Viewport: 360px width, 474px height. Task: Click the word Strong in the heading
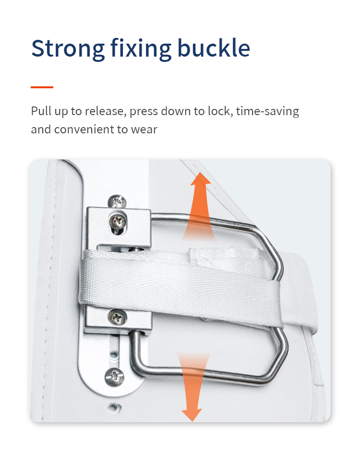coord(68,48)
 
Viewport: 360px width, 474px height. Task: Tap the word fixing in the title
coord(141,48)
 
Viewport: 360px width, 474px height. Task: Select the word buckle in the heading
coord(214,48)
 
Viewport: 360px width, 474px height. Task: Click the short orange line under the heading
coord(42,87)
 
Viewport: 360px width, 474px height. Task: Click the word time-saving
coord(267,112)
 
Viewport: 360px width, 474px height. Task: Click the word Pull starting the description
coord(41,111)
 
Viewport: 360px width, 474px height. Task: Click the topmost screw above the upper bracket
coord(118,201)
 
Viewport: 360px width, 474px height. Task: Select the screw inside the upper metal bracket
coord(118,222)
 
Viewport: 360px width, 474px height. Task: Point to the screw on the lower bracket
coord(117,318)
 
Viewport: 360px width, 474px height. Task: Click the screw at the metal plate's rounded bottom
coord(114,377)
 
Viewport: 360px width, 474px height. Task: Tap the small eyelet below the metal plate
coord(115,408)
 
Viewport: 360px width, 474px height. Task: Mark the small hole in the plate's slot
coord(113,354)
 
